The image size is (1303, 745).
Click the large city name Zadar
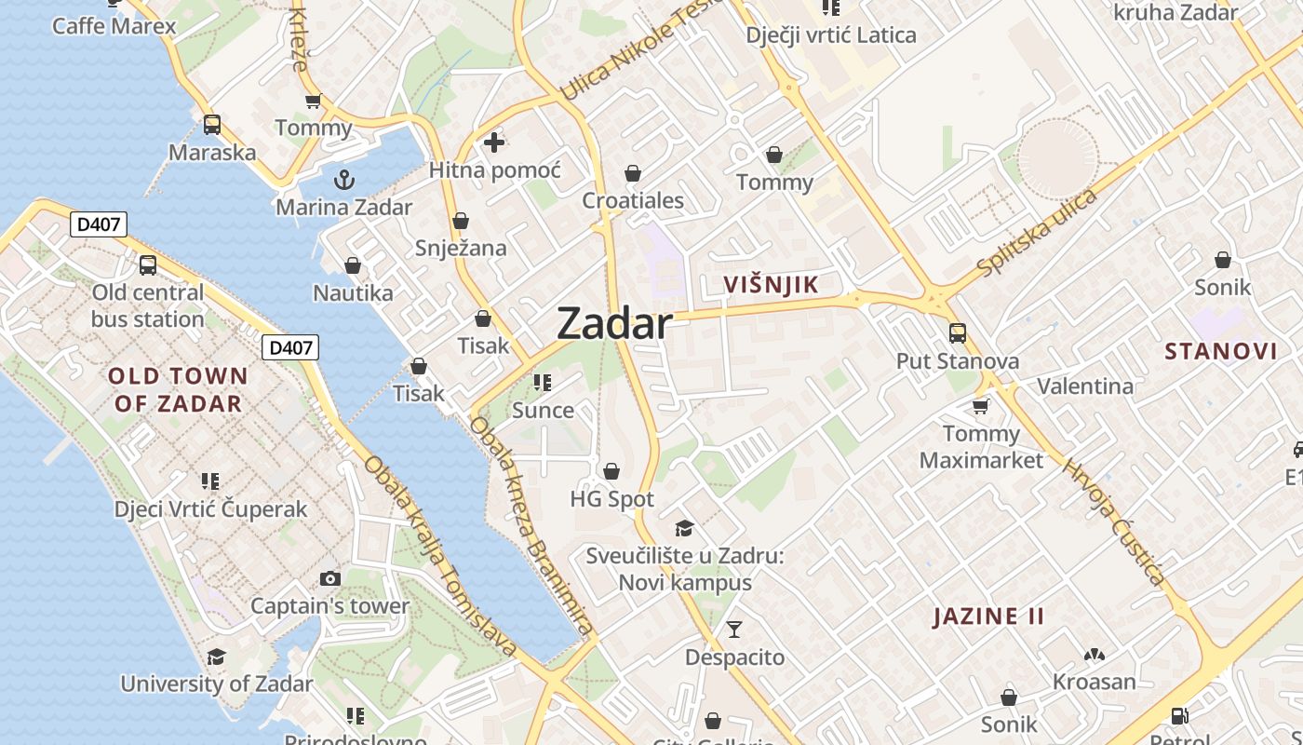[614, 324]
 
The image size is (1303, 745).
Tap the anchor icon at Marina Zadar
[344, 179]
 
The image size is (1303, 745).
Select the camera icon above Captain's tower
[329, 578]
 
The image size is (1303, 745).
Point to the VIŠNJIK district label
[772, 285]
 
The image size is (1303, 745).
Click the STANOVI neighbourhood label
[1221, 351]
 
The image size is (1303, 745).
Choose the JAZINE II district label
[988, 616]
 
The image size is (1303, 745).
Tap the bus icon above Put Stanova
[958, 332]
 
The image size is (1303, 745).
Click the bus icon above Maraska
[212, 124]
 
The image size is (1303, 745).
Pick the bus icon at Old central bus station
[148, 265]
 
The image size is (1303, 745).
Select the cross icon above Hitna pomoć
[494, 142]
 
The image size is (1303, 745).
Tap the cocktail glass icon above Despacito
[734, 630]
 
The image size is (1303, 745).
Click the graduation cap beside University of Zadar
[216, 657]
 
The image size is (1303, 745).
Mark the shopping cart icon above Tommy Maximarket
[980, 406]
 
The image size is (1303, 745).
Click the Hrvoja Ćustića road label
[1113, 522]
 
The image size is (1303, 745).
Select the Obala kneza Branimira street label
[531, 526]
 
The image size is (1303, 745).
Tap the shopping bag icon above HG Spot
[611, 472]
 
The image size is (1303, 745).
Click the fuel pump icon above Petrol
[1179, 716]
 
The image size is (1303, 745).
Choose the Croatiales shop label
[633, 200]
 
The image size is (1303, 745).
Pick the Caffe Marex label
[114, 25]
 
